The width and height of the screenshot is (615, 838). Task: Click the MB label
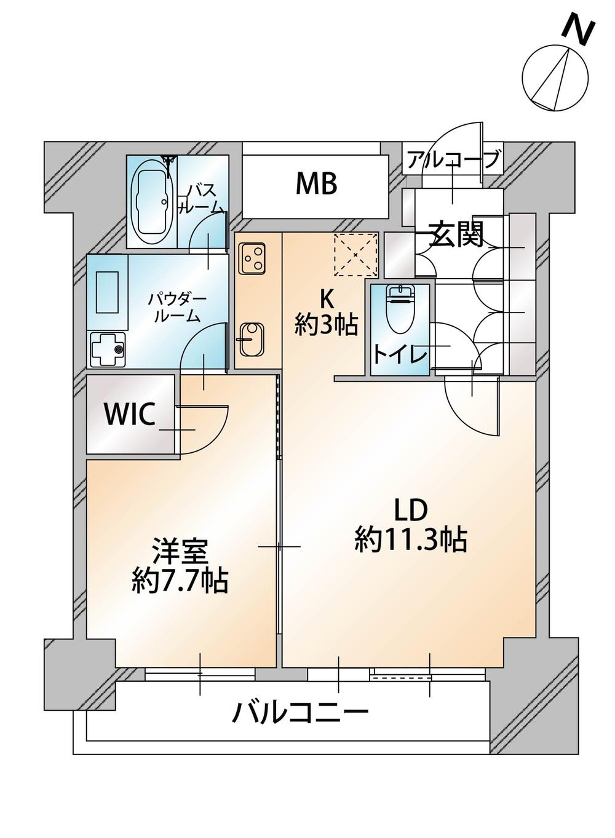[x=316, y=184]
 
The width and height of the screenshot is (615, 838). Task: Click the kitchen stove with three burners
[x=253, y=258]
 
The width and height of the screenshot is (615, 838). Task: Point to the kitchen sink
[x=252, y=339]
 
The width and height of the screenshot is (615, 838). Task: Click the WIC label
[x=129, y=414]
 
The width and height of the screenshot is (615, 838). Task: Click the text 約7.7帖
[x=180, y=581]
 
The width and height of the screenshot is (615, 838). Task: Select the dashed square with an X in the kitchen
[x=355, y=254]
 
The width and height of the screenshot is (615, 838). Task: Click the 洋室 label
[x=180, y=552]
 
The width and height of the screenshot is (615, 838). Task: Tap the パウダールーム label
[x=177, y=308]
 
